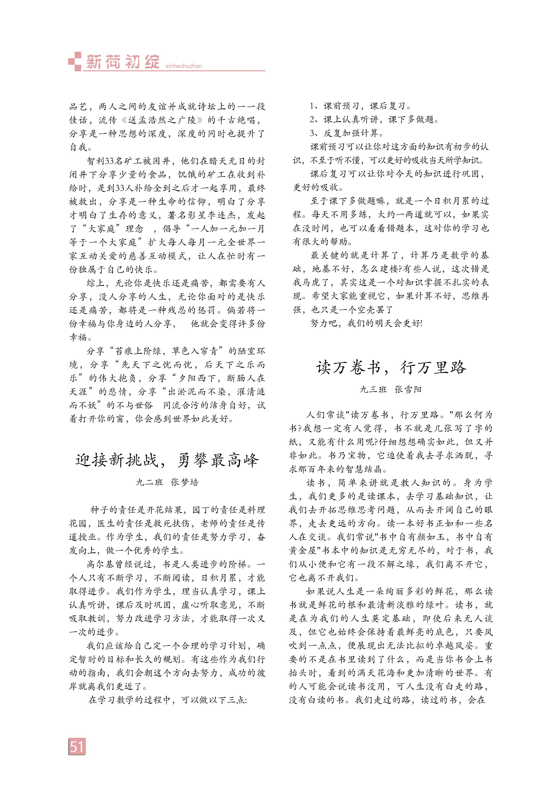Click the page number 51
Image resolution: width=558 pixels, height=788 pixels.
(x=77, y=746)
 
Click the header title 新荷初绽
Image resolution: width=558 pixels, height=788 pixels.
(x=123, y=62)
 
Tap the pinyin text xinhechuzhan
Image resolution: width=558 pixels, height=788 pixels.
(x=184, y=66)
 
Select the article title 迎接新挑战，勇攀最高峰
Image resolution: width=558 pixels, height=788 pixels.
(x=167, y=460)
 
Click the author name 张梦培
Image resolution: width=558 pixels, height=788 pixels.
(x=185, y=482)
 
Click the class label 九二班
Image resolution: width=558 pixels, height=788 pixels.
(x=149, y=482)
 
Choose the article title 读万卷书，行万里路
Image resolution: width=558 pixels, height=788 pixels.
(x=391, y=368)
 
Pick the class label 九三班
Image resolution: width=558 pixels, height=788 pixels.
(x=373, y=389)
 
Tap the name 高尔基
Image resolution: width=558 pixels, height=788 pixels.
(x=100, y=564)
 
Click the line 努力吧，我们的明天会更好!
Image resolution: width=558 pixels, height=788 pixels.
(x=366, y=323)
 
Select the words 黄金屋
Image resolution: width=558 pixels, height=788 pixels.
(x=303, y=551)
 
